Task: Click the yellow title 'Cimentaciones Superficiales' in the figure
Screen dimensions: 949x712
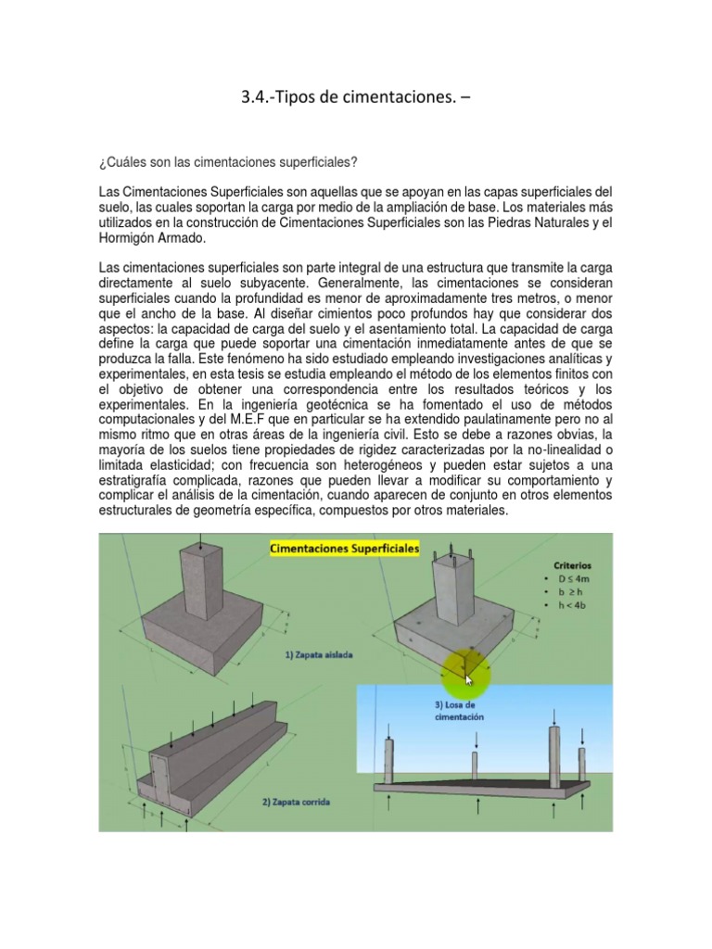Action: [x=344, y=549]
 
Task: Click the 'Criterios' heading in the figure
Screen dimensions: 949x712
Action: [x=572, y=564]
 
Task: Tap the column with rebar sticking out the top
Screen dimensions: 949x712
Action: [x=452, y=593]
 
